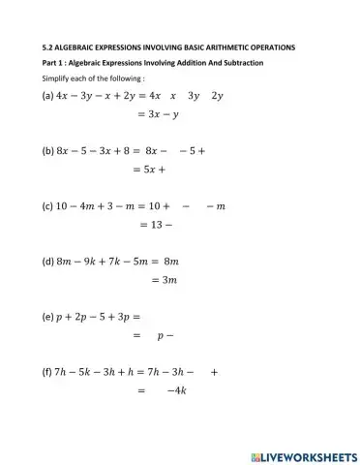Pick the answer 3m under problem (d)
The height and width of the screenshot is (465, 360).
(x=165, y=280)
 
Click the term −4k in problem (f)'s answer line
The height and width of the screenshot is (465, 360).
(x=176, y=390)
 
